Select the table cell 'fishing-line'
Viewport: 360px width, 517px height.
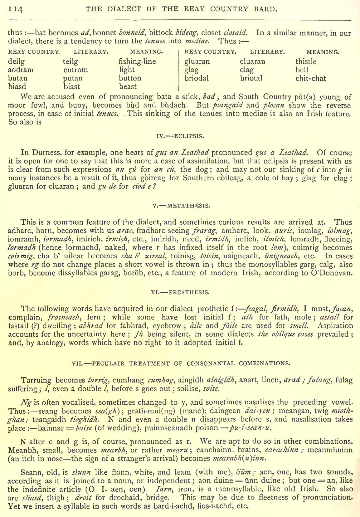137,61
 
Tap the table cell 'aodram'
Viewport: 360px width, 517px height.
21,70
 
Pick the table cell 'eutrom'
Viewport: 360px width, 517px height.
75,70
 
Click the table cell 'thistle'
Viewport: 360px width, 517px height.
306,61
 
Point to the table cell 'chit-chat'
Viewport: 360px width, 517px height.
310,78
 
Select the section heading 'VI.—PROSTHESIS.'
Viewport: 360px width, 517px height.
180,292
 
